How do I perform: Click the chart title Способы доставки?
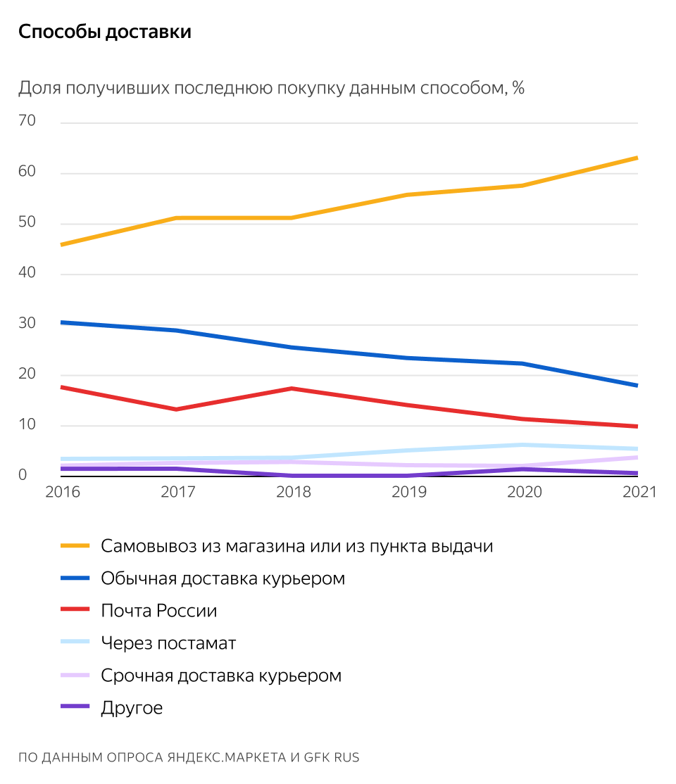click(104, 32)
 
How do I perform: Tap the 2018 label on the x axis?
click(293, 492)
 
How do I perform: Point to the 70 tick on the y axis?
click(27, 121)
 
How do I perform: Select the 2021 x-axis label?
click(638, 492)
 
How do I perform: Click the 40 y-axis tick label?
click(27, 273)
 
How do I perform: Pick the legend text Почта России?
click(158, 610)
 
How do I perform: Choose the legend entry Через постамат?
click(168, 643)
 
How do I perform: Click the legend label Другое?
click(132, 707)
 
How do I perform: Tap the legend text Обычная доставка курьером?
click(223, 578)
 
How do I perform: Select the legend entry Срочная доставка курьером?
click(221, 675)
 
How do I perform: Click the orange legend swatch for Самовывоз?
click(75, 545)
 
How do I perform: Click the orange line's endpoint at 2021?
click(637, 158)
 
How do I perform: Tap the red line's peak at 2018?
click(292, 388)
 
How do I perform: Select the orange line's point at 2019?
click(408, 195)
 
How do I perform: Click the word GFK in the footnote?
click(318, 757)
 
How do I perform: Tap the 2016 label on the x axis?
click(63, 492)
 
